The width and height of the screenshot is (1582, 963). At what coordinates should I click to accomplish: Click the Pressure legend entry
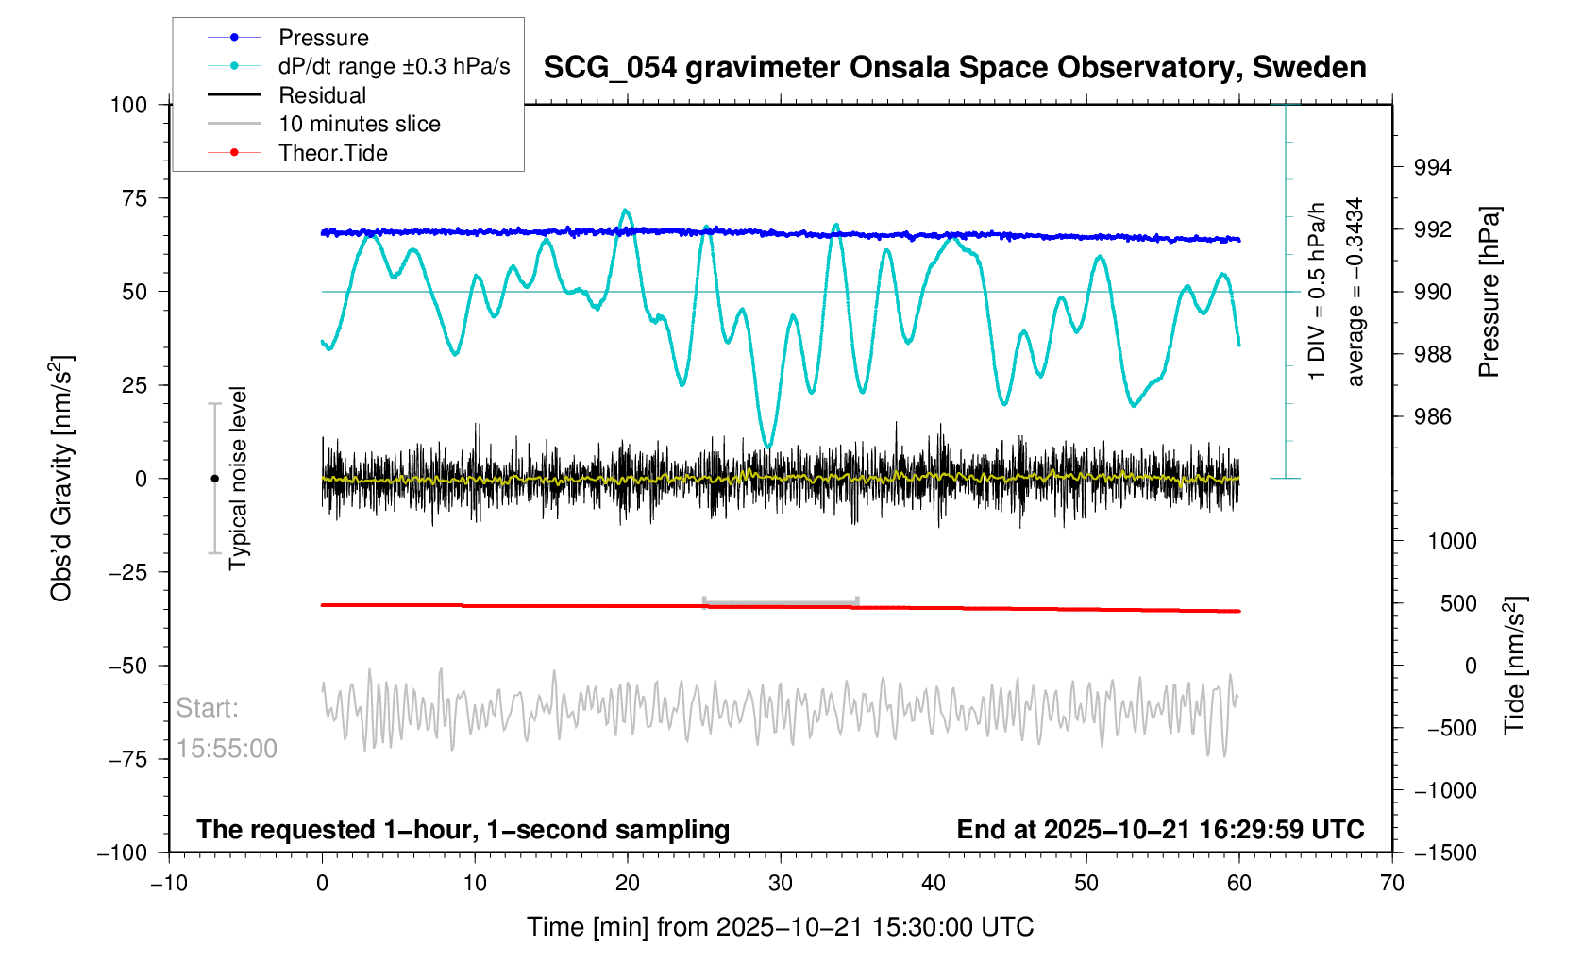[323, 38]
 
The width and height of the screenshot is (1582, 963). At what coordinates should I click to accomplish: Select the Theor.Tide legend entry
[332, 153]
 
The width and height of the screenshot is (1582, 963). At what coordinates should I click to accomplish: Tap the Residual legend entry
[322, 95]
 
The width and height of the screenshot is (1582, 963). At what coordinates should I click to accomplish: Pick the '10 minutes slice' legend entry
[359, 124]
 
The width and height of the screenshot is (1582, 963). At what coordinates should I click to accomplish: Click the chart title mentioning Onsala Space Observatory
[954, 68]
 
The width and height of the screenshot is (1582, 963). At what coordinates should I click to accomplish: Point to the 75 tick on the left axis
[129, 198]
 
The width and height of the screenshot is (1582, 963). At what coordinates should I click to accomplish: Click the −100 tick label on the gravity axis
[123, 853]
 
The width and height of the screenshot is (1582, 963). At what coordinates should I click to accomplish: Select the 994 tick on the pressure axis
[1432, 168]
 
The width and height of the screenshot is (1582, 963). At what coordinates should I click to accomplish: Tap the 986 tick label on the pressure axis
[1432, 417]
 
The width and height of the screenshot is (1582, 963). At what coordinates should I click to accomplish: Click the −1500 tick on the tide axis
[1444, 853]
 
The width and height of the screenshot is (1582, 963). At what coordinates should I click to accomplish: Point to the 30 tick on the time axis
[781, 884]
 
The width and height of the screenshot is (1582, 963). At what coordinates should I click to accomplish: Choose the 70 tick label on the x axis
[1391, 884]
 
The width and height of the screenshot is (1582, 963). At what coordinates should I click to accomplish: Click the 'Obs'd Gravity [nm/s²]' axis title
[62, 479]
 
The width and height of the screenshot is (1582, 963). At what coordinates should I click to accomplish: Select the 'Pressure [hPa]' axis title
[1489, 293]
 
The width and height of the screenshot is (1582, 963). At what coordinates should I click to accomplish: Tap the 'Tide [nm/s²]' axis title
[1516, 666]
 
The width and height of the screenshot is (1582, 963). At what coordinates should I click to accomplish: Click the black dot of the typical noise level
[214, 479]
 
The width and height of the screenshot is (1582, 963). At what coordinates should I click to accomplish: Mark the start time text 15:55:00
[227, 749]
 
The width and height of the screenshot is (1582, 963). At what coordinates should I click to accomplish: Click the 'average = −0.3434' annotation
[1355, 293]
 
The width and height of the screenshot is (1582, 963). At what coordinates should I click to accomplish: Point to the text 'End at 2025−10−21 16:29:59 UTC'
[1160, 830]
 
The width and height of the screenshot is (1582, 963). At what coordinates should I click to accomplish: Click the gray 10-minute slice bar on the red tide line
[781, 602]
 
